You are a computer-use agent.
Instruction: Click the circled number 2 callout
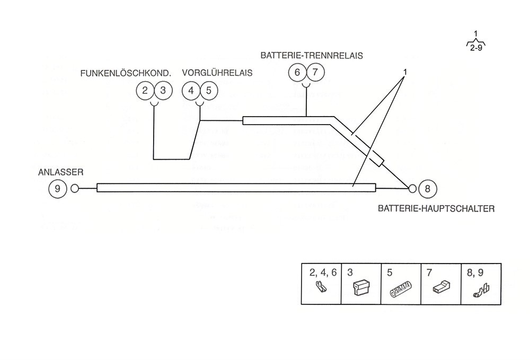145,91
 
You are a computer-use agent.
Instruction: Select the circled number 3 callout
163,91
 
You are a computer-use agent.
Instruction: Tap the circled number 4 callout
191,91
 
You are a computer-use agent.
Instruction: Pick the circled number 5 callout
209,91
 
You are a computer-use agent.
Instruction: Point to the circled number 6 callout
297,72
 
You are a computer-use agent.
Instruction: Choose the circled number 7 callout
315,72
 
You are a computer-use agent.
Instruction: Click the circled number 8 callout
428,189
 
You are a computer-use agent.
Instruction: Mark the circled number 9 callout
57,189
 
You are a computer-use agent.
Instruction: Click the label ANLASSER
61,172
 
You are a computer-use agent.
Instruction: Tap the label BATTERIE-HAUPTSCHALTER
436,208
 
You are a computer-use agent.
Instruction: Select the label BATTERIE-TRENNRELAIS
312,56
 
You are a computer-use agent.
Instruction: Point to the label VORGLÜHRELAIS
217,73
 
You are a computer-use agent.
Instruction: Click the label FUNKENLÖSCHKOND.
126,73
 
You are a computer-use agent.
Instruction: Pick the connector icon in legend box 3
361,288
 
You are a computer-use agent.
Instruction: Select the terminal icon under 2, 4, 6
321,287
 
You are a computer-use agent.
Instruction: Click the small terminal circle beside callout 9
75,189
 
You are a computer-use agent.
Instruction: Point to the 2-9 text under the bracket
476,48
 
